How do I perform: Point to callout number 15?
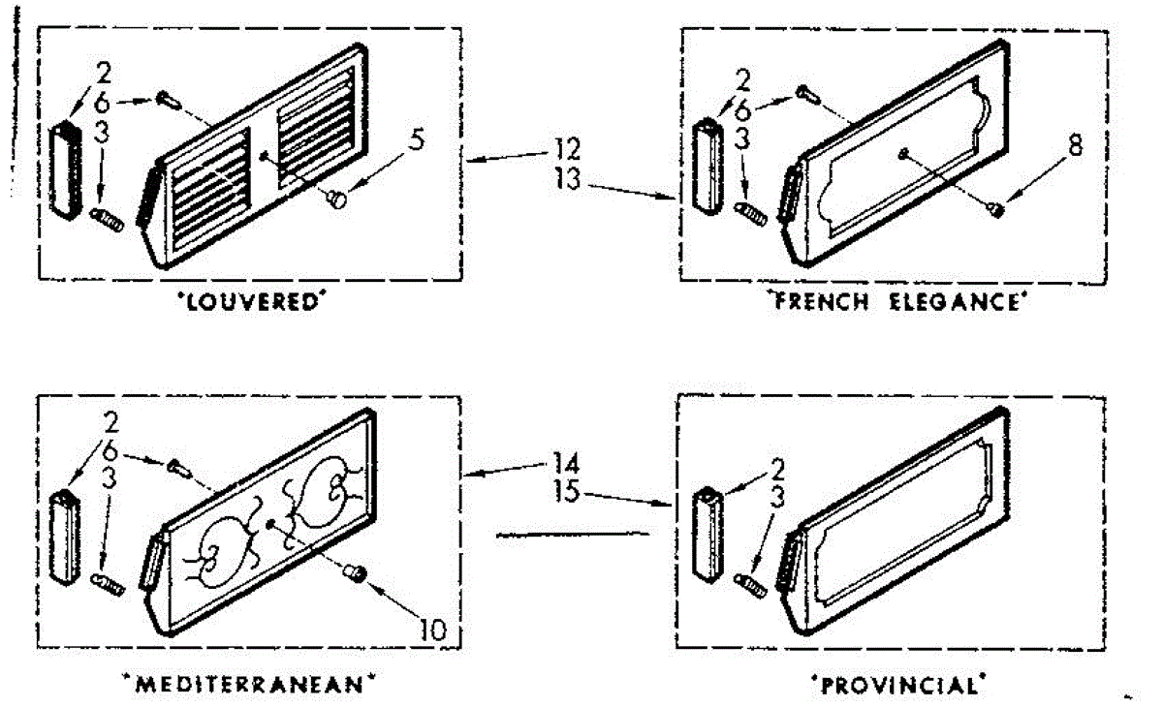569,492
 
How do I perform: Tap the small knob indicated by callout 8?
997,206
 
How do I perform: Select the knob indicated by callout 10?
357,575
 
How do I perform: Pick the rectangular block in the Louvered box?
66,167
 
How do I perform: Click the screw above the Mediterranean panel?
178,465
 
